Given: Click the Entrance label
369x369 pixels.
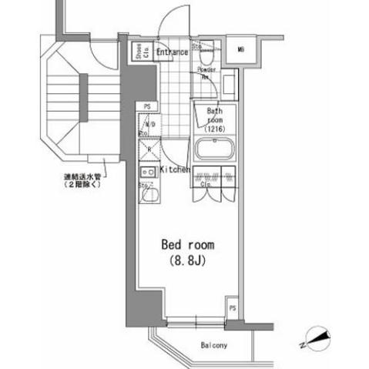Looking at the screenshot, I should [172, 52].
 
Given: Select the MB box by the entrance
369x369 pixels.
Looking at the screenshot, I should [241, 51].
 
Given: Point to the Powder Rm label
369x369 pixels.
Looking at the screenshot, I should [208, 74].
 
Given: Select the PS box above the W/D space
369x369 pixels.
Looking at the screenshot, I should [146, 106].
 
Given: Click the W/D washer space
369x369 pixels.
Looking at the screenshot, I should [149, 125].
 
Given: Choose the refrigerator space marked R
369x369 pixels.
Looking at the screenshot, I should [149, 150].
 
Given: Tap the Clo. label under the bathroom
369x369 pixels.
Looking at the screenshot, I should [207, 185].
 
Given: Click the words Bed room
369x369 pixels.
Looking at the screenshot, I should [187, 245].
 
